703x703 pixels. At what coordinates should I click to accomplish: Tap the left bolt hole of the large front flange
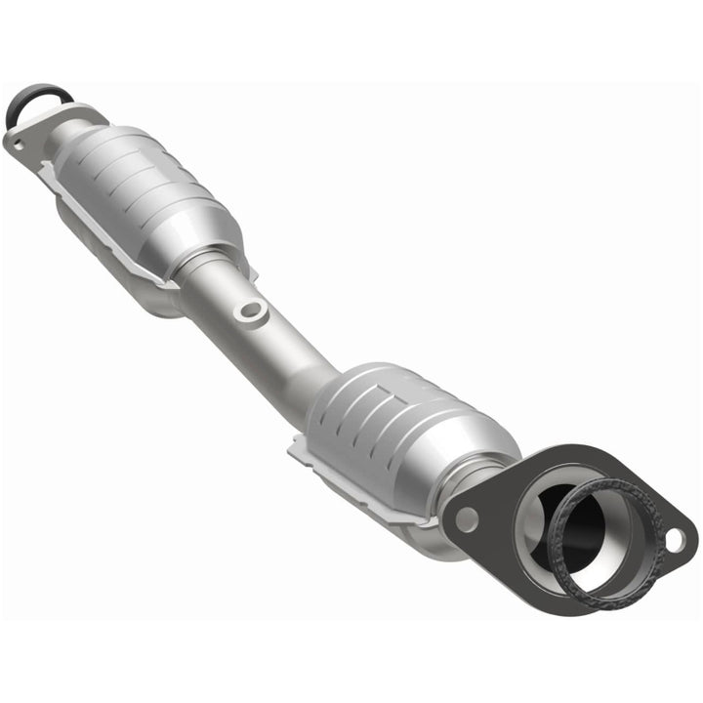(467, 519)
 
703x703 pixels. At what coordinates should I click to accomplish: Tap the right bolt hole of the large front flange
(675, 536)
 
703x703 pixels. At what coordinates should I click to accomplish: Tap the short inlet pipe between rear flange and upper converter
(68, 132)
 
